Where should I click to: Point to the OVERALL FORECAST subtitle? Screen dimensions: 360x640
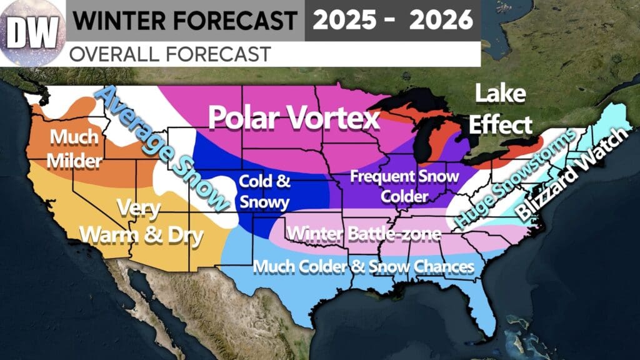(169, 54)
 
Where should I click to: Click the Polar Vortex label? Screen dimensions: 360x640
(294, 118)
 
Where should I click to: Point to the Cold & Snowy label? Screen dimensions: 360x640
(265, 192)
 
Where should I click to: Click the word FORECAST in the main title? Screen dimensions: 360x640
(244, 21)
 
